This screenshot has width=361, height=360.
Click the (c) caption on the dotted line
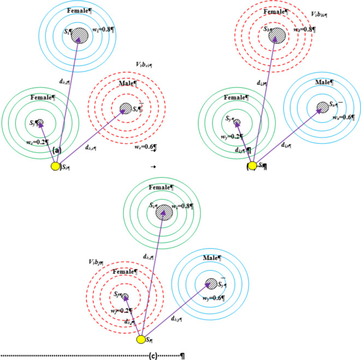pyautogui.click(x=153, y=355)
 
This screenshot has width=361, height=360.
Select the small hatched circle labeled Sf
pyautogui.click(x=125, y=297)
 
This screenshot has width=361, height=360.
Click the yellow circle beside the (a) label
pyautogui.click(x=55, y=166)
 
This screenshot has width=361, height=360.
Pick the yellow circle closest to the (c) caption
pyautogui.click(x=141, y=340)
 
